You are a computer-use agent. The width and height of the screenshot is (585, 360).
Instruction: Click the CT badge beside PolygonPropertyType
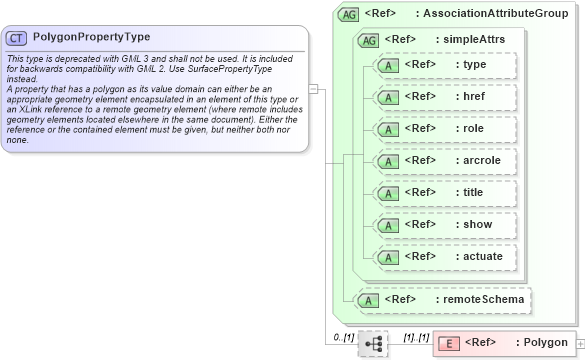pyautogui.click(x=17, y=37)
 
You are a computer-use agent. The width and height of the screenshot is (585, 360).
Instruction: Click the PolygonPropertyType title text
pyautogui.click(x=91, y=37)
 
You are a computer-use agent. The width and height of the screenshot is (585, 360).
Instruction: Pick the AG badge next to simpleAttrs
pyautogui.click(x=368, y=40)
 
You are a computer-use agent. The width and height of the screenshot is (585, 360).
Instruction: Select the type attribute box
pyautogui.click(x=444, y=65)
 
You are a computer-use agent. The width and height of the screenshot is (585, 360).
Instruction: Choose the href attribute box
pyautogui.click(x=444, y=97)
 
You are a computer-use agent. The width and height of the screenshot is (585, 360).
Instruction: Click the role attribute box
pyautogui.click(x=444, y=129)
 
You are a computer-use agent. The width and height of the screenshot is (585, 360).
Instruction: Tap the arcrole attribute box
pyautogui.click(x=444, y=160)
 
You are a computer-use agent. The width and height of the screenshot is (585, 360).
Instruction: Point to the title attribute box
pyautogui.click(x=444, y=192)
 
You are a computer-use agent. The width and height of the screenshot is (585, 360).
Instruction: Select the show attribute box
pyautogui.click(x=444, y=224)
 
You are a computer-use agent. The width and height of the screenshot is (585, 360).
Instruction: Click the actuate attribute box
pyautogui.click(x=444, y=256)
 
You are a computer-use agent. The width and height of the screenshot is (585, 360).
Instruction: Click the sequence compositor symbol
pyautogui.click(x=373, y=343)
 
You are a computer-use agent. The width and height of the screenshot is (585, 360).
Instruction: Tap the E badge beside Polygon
pyautogui.click(x=450, y=343)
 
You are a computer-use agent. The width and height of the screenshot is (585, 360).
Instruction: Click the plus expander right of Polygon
pyautogui.click(x=581, y=344)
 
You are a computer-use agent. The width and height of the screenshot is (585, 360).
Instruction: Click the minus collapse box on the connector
pyautogui.click(x=313, y=88)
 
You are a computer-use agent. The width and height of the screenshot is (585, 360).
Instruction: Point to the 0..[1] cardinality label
pyautogui.click(x=343, y=336)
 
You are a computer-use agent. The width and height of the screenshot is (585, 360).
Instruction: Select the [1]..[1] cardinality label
pyautogui.click(x=415, y=336)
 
